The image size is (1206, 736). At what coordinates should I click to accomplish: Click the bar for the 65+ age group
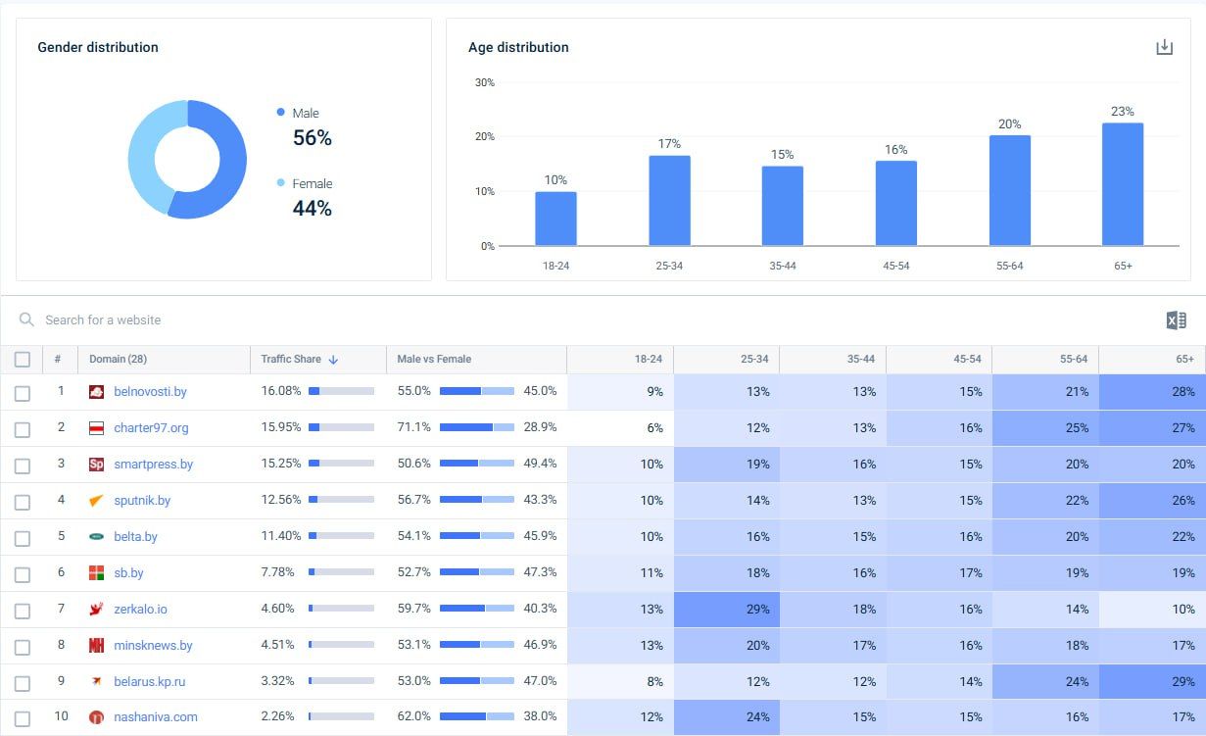1122,184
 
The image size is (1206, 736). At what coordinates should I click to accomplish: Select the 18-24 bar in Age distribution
555,219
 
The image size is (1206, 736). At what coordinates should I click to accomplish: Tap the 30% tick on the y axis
485,83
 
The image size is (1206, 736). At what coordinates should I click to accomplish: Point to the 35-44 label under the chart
783,267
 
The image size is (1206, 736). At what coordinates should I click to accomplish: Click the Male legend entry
305,113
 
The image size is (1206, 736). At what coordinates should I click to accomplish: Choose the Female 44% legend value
312,208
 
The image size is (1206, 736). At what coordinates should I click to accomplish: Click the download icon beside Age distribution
1164,47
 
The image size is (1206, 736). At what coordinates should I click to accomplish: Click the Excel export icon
1176,320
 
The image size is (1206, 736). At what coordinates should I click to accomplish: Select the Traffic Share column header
291,360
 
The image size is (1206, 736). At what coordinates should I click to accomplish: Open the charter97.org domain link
151,428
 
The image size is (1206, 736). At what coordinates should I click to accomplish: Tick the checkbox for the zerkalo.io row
23,611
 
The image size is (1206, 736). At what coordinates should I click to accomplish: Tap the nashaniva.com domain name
156,717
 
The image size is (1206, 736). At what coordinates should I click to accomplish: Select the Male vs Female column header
434,360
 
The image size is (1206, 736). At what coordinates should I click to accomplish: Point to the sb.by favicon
96,573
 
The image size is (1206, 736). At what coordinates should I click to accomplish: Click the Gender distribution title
98,47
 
